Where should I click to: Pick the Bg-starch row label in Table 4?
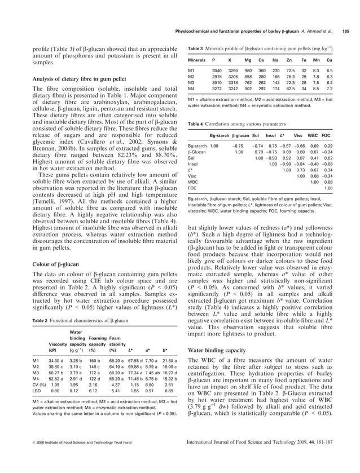[197, 145]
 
